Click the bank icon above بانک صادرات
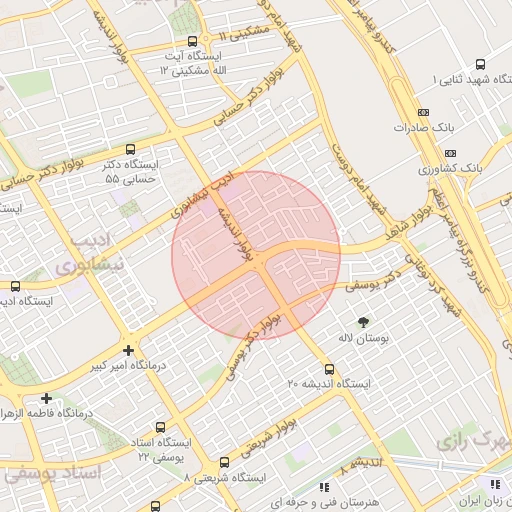coord(423,112)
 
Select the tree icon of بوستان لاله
coord(362,322)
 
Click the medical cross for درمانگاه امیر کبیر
coord(127,350)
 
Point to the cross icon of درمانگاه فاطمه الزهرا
coord(46,398)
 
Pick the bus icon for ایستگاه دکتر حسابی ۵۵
coord(130,149)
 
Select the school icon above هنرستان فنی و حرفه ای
coord(323,486)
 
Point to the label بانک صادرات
coord(424,128)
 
